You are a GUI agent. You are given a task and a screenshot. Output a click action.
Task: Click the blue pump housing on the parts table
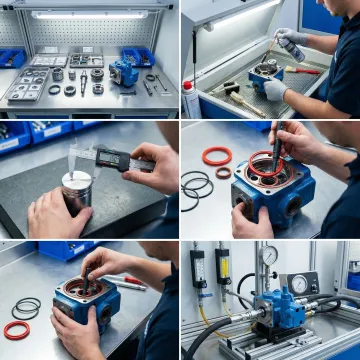click(125, 72)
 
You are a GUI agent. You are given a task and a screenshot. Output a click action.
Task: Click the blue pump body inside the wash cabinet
click(265, 74)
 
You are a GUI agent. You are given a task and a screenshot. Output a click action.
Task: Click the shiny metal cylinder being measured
click(77, 190)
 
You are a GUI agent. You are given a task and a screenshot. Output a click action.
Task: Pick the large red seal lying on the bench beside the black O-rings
click(217, 157)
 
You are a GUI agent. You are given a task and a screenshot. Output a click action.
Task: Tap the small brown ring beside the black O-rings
click(224, 173)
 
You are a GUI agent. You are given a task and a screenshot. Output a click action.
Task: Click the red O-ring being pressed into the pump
click(267, 169)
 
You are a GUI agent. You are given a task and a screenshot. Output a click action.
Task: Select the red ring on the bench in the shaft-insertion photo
click(17, 329)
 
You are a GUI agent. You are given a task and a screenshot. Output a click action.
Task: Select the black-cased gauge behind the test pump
click(301, 283)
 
